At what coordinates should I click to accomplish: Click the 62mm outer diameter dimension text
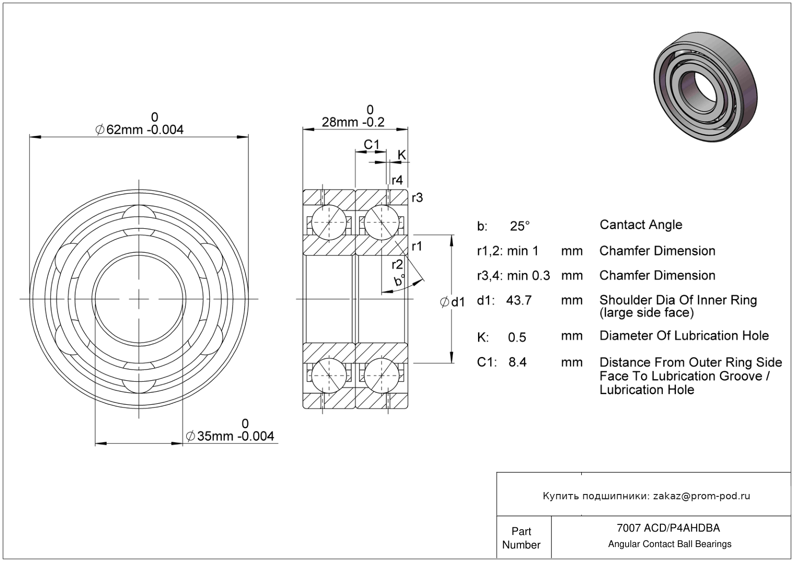[139, 130]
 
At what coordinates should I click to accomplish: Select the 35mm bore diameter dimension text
[230, 436]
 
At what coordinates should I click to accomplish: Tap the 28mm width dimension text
[353, 122]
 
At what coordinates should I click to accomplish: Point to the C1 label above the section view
[371, 144]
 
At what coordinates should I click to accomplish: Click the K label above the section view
[401, 155]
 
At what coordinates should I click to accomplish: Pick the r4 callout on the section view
[397, 180]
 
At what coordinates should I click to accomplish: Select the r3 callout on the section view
[417, 197]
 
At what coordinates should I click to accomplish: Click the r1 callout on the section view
[417, 246]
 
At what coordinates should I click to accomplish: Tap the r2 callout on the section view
[397, 264]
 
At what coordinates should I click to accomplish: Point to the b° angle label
[399, 280]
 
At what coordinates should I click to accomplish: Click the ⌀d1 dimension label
[452, 302]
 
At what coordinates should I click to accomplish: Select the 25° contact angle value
[520, 226]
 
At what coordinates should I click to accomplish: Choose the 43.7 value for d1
[519, 300]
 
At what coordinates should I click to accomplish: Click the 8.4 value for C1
[517, 362]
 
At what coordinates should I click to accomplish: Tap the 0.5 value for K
[517, 337]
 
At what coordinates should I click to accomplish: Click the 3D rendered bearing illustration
[705, 87]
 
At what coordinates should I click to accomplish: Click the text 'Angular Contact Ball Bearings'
[670, 544]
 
